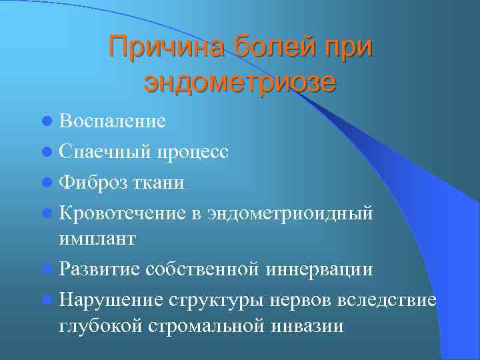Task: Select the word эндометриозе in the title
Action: [x=240, y=83]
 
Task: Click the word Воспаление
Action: [x=112, y=121]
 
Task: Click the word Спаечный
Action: [x=105, y=151]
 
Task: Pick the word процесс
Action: [x=193, y=151]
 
